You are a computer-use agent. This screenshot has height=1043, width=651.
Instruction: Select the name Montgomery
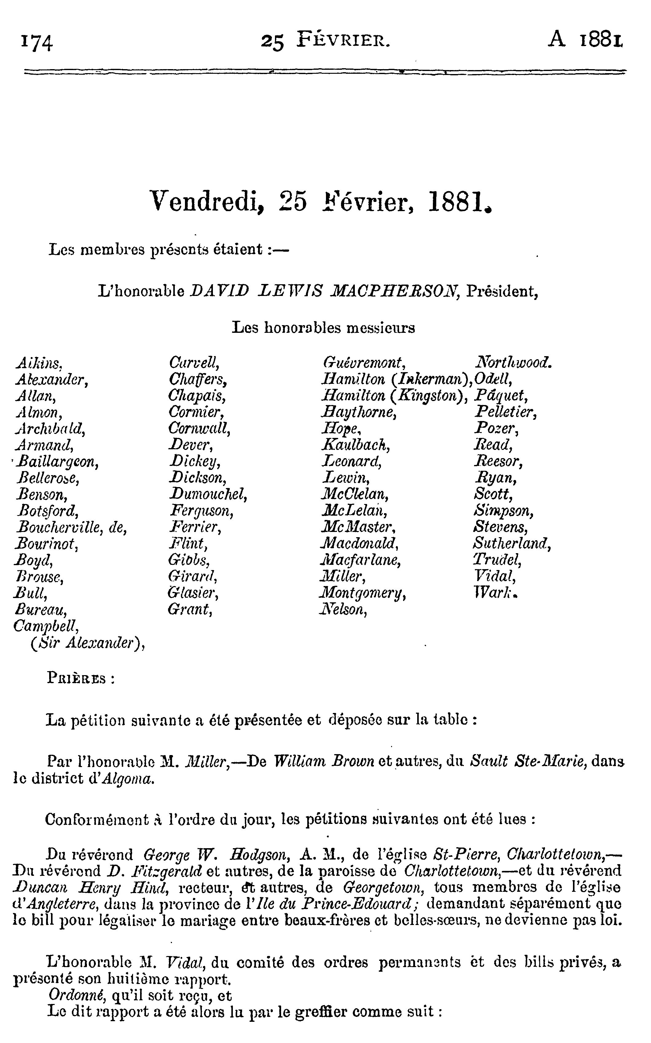tap(363, 593)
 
